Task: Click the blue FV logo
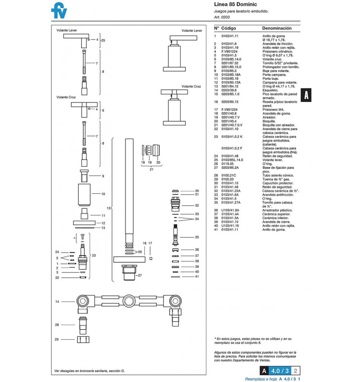click(59, 10)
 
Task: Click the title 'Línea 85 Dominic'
click(235, 4)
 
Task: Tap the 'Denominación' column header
click(277, 28)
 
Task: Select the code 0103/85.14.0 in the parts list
click(231, 59)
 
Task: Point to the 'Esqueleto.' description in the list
click(270, 90)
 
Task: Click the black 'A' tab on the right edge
click(306, 95)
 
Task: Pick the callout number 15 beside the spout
click(108, 208)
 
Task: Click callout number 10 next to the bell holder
click(103, 194)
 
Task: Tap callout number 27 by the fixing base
click(139, 275)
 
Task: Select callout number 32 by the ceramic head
click(197, 205)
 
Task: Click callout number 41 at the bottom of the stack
click(197, 277)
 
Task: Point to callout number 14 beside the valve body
click(57, 302)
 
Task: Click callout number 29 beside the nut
click(57, 339)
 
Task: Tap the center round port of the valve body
click(129, 301)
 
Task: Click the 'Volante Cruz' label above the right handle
click(191, 86)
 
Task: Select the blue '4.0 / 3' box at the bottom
click(280, 371)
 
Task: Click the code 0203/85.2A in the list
click(230, 168)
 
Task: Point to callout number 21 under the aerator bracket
click(151, 169)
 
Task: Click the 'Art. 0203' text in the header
click(222, 17)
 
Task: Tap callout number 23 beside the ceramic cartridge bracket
click(94, 255)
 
